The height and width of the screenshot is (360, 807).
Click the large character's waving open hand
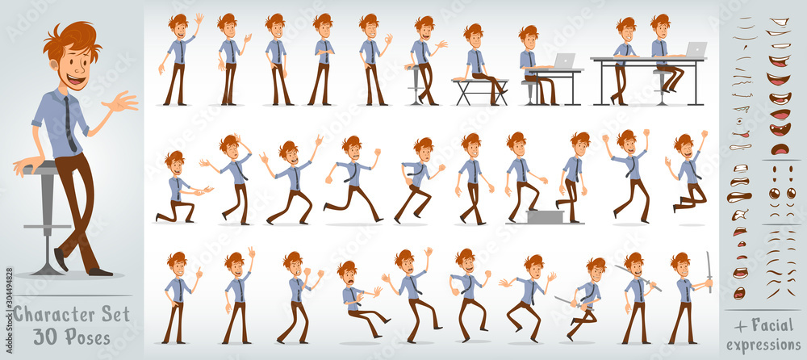(121, 102)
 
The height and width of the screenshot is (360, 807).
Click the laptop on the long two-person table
(695, 50)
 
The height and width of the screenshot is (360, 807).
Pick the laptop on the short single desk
(564, 61)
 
